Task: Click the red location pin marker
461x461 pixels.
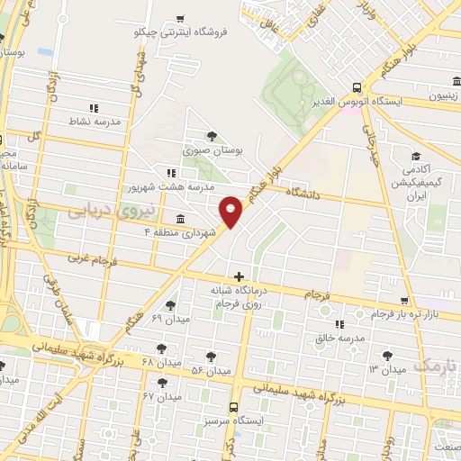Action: coord(231,211)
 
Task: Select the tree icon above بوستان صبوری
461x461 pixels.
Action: coord(212,136)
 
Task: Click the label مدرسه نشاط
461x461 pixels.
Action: coord(95,120)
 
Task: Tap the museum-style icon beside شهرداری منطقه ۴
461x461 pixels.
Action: coord(181,219)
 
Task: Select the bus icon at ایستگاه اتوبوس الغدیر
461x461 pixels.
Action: coord(357,87)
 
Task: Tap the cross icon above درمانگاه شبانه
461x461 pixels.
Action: coord(238,276)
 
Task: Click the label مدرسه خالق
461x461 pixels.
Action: coord(338,338)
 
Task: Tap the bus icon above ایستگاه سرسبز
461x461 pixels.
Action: coord(234,407)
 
